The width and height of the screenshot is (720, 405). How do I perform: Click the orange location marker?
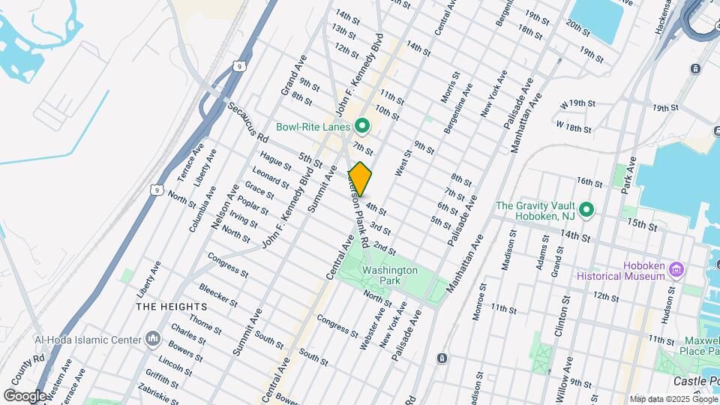[360, 179]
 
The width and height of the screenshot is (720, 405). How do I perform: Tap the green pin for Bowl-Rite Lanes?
[362, 126]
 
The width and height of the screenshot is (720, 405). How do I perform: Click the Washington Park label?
[389, 275]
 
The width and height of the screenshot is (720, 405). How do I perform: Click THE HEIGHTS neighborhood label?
[172, 307]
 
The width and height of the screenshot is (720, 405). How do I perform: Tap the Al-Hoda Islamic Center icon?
[154, 340]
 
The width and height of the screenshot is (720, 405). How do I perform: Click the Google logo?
[25, 395]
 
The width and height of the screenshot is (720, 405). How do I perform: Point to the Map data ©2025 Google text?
[672, 399]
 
